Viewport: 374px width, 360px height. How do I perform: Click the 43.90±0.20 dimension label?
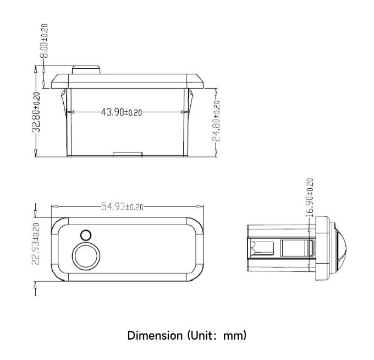tap(122, 112)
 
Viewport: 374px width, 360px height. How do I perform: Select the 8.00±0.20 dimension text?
tap(44, 41)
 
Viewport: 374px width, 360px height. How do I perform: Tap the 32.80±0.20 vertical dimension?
tap(36, 112)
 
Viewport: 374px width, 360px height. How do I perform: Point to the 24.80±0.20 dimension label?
tap(216, 121)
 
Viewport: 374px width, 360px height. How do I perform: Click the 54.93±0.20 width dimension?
tap(122, 206)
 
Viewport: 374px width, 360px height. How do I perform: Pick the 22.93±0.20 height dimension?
tap(36, 244)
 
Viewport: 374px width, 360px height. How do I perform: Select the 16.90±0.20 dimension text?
tap(310, 198)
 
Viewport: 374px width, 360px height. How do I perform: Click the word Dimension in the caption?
tap(155, 335)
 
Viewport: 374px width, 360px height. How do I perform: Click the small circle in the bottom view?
tap(86, 236)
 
